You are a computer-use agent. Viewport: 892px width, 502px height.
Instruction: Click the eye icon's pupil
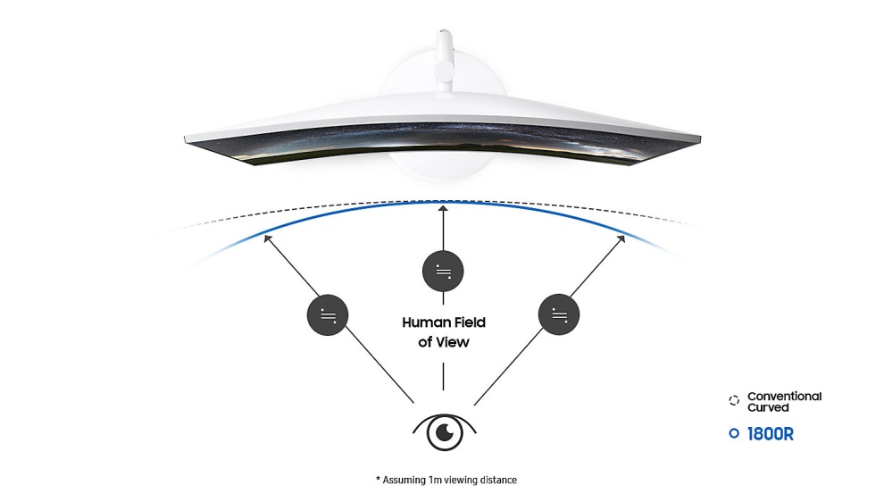click(445, 433)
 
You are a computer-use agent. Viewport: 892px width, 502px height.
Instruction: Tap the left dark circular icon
click(328, 314)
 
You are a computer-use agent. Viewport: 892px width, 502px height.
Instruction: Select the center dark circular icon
click(443, 271)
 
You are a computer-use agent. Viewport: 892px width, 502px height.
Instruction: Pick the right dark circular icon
click(559, 314)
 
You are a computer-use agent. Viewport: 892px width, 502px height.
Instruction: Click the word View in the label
click(454, 342)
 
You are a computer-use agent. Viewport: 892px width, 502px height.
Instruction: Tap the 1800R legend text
click(771, 434)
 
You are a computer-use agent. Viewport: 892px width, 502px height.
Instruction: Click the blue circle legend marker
click(734, 434)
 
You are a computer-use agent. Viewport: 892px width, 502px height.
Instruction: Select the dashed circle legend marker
click(734, 401)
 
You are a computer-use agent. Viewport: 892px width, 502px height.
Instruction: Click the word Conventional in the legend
click(785, 396)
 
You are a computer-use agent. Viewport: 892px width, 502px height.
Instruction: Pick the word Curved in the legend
click(768, 407)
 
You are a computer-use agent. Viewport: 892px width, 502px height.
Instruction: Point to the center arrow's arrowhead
click(443, 209)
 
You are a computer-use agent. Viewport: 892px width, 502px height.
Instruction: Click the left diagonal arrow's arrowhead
click(267, 238)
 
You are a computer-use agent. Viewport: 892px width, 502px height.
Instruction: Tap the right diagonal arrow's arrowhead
click(621, 239)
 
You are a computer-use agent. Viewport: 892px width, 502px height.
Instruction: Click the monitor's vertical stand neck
click(445, 62)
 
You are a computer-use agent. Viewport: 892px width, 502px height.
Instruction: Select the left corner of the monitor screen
click(186, 138)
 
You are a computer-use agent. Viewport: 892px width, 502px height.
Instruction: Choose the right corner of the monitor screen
click(700, 138)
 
